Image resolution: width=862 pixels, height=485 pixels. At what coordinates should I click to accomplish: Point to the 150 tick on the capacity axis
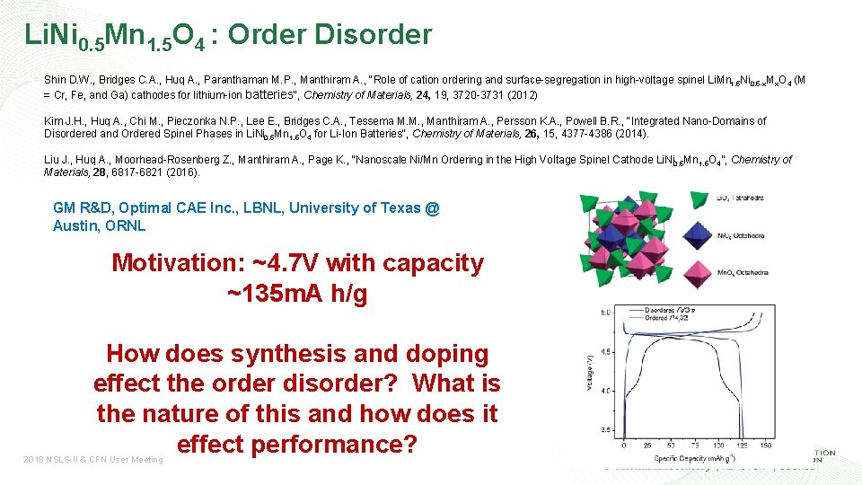764,445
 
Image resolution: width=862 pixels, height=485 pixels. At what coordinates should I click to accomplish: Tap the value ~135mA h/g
297,295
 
